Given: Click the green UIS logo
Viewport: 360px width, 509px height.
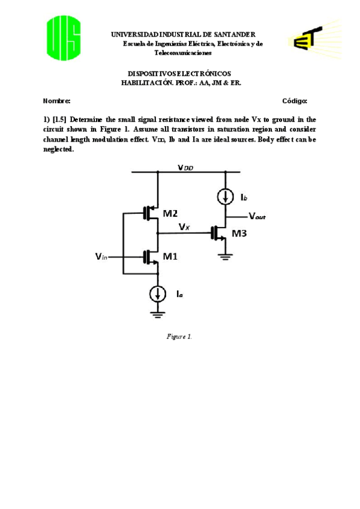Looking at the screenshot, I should click(x=64, y=38).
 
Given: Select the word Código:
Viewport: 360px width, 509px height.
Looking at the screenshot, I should click(x=295, y=101).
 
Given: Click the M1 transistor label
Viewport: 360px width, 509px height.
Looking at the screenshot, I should click(x=170, y=257).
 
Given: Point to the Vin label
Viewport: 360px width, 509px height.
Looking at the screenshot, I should click(x=101, y=256).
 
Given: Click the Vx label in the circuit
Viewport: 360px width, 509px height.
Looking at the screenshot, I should click(x=185, y=227).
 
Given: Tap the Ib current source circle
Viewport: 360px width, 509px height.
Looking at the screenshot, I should click(x=226, y=197).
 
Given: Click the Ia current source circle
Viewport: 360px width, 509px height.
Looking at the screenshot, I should click(x=158, y=294).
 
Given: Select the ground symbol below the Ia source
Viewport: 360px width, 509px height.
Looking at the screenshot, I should click(x=158, y=314).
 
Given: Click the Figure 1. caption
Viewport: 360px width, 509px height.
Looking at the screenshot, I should click(x=179, y=336).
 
